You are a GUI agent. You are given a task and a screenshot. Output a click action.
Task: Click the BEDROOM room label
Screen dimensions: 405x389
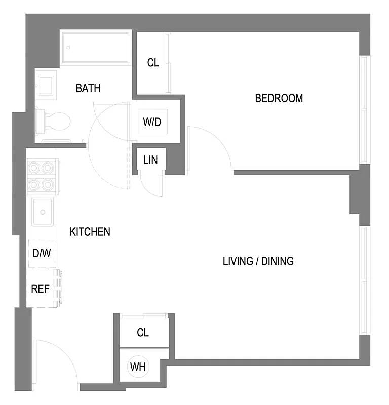coord(279,98)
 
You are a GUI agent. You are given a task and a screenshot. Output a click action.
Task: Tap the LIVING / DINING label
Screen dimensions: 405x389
coord(258,261)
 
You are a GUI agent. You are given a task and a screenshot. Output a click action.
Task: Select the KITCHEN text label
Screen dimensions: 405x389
coord(90,232)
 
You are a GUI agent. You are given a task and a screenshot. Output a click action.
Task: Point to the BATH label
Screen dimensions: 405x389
coord(88,88)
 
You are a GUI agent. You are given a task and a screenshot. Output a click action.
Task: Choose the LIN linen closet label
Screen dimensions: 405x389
coord(150,160)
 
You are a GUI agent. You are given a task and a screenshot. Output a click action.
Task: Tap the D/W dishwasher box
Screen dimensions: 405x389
coord(42,253)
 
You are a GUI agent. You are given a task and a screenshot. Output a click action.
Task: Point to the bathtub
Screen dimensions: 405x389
coord(96,48)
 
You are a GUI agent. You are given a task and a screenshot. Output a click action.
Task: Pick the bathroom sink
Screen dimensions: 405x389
coord(46,85)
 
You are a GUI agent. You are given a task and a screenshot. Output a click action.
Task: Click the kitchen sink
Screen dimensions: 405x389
coord(43,212)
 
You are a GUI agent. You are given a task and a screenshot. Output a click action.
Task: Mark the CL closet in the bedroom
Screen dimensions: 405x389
coord(153,63)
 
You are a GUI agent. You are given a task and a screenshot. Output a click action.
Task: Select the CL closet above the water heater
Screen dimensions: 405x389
coord(143,333)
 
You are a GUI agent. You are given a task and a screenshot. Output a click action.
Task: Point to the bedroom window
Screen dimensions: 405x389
coord(363,109)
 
